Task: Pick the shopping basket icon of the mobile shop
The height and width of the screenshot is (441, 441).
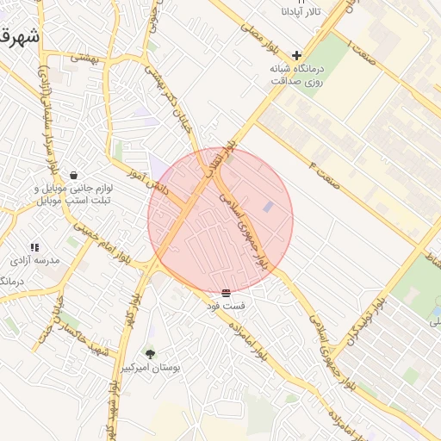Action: [74, 176]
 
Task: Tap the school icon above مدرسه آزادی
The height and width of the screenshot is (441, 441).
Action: [34, 247]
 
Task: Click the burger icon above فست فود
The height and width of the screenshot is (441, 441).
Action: [226, 294]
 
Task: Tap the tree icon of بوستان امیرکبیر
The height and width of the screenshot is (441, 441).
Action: [151, 353]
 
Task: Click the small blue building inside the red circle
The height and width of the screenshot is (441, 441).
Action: [269, 208]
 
